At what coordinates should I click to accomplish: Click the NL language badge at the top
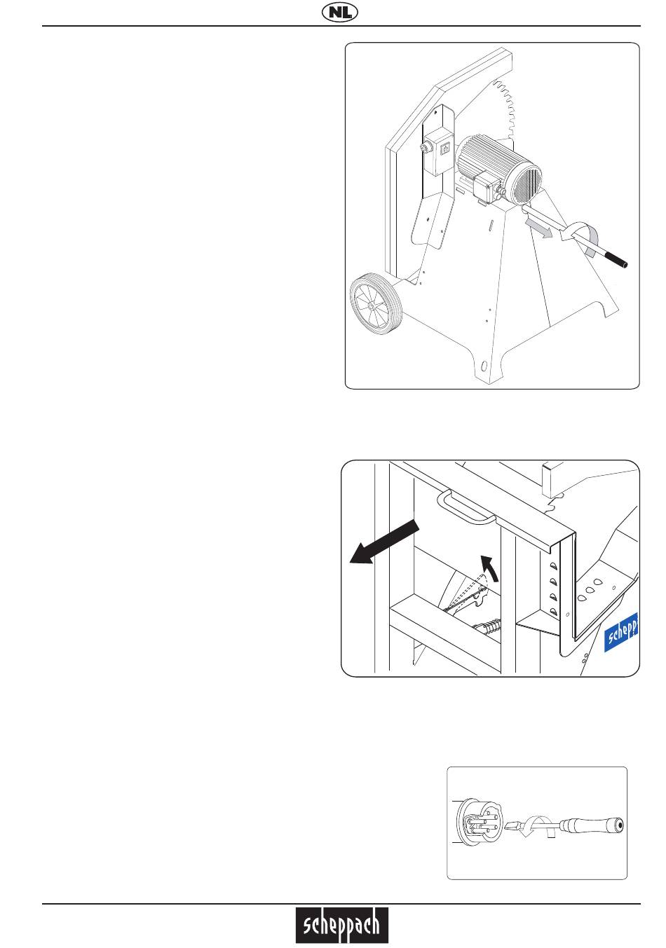tap(339, 13)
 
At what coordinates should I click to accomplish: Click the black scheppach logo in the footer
tap(341, 926)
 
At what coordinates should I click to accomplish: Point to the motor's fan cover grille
tap(528, 181)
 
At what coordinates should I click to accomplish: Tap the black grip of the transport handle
tap(616, 259)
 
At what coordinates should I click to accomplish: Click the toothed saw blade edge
tap(505, 109)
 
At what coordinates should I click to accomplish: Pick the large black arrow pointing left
tap(384, 542)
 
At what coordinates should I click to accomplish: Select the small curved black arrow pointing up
tap(490, 568)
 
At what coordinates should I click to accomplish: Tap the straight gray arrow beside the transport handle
tap(538, 228)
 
